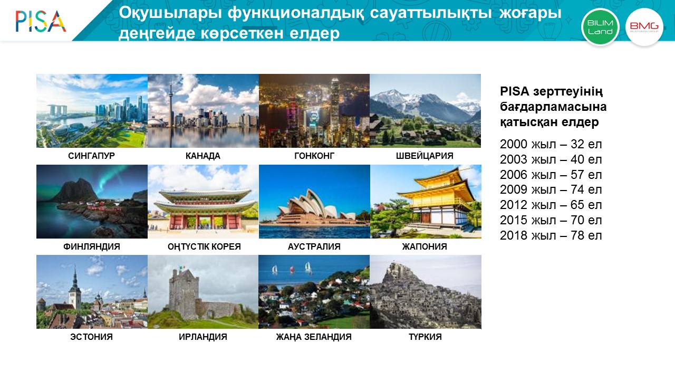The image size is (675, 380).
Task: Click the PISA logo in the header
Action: pos(41,21)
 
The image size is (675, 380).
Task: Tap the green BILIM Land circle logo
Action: pos(600,27)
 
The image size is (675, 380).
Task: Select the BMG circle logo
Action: pos(644,27)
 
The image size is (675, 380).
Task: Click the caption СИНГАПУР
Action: pos(91,156)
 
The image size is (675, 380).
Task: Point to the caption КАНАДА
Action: pos(203,156)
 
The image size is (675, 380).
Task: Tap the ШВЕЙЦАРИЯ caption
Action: pos(425,156)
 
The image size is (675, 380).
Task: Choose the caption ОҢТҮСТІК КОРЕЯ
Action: pos(204,246)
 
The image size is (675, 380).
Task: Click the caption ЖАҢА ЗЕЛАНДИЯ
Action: pos(314,337)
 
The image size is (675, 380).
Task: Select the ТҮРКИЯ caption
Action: pos(425,337)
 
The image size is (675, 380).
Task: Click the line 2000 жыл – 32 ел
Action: pos(551,144)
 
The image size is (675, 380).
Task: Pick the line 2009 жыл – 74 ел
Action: pos(551,189)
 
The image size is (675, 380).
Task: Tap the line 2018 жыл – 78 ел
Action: pos(551,235)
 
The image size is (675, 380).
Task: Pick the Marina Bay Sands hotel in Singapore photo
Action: pos(55,110)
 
